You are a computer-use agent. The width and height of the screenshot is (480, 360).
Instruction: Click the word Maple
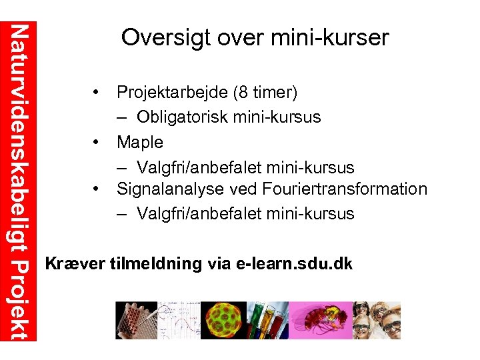(x=140, y=141)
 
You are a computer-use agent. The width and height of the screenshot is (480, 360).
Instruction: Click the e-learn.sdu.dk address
(x=294, y=263)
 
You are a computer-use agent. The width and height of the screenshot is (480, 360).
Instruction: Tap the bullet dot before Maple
(x=97, y=141)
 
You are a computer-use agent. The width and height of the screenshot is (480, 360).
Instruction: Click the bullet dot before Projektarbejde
(x=97, y=91)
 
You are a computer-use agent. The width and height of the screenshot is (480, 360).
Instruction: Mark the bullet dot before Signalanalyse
(x=97, y=189)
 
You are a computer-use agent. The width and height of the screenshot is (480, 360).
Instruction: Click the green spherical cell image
(x=224, y=320)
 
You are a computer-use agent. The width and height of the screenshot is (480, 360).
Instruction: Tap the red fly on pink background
(x=319, y=320)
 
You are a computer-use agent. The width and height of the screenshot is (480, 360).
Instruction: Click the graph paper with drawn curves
(x=179, y=320)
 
